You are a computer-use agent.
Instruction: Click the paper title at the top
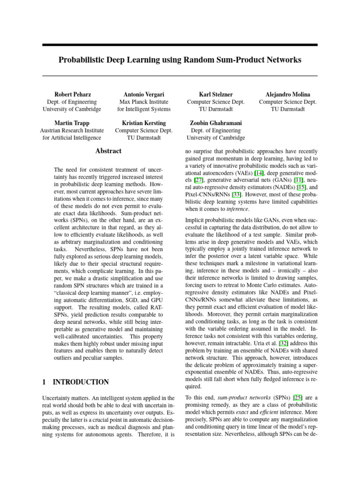click(180, 60)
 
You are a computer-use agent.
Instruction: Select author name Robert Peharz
click(72, 94)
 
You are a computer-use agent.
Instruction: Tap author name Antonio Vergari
click(143, 94)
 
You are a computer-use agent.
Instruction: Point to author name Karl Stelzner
click(216, 94)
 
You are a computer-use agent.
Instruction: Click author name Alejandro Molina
click(287, 94)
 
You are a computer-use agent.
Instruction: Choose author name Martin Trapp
click(72, 123)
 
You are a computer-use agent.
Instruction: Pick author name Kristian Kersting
click(143, 123)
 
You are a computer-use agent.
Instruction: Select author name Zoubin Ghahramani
click(216, 123)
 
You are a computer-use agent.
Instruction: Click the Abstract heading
click(108, 151)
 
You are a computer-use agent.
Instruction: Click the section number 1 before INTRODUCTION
click(44, 382)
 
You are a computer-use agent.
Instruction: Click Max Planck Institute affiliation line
click(143, 102)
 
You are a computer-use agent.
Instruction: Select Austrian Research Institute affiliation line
click(72, 130)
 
